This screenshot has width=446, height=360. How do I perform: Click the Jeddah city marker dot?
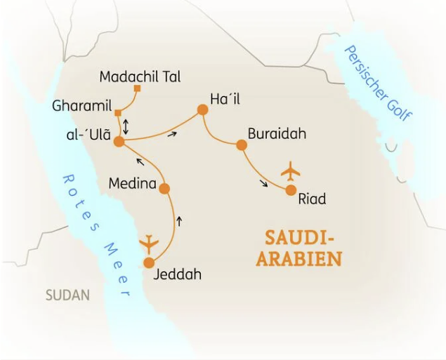click(148, 263)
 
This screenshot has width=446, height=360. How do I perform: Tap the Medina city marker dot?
click(164, 188)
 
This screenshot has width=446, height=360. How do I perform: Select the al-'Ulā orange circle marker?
click(119, 142)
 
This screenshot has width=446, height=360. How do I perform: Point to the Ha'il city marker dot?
click(202, 109)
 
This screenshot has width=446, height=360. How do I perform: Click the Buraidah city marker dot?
click(241, 145)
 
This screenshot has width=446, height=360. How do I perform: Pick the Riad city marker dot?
click(291, 189)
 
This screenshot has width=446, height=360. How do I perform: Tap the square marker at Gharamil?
click(119, 113)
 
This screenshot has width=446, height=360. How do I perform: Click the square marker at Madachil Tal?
click(138, 89)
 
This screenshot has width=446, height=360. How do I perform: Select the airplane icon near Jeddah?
click(150, 243)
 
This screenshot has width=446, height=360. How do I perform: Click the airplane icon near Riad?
click(289, 170)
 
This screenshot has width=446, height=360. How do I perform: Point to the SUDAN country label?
click(67, 295)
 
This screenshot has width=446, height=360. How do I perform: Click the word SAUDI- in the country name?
click(299, 236)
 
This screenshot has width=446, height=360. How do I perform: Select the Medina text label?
click(131, 183)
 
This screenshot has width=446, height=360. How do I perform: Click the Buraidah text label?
click(277, 134)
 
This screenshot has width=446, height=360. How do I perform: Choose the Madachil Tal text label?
click(140, 76)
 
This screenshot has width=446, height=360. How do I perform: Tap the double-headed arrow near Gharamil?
click(126, 127)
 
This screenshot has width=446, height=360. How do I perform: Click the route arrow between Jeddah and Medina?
click(180, 221)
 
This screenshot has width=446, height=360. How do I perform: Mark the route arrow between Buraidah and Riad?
click(263, 184)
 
